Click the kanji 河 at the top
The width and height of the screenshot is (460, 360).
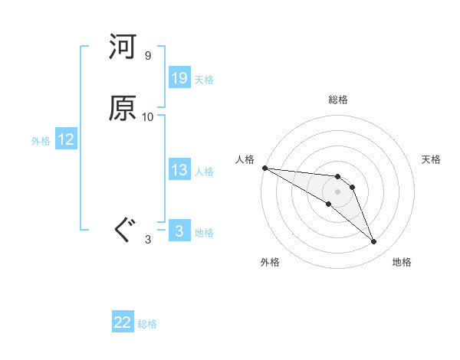123,48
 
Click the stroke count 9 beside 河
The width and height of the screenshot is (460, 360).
148,56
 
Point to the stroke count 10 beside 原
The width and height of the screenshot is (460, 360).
148,116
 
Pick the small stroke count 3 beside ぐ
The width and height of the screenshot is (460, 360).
148,240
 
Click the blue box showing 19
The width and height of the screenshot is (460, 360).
179,78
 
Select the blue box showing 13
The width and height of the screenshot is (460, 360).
179,170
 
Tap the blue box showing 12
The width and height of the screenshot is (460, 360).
66,139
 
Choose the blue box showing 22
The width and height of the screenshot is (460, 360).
123,322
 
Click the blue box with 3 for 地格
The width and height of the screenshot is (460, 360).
179,231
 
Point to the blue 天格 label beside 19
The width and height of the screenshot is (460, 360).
204,79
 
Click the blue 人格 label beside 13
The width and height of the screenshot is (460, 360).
204,171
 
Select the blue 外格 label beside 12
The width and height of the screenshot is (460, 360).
41,140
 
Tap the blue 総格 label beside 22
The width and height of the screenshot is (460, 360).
147,323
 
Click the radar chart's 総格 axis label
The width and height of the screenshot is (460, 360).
338,100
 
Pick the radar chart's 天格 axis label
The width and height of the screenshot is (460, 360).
431,159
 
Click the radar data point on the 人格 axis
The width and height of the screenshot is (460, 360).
264,168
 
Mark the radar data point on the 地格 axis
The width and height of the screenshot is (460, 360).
373,242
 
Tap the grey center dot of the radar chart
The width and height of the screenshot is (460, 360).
338,191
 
